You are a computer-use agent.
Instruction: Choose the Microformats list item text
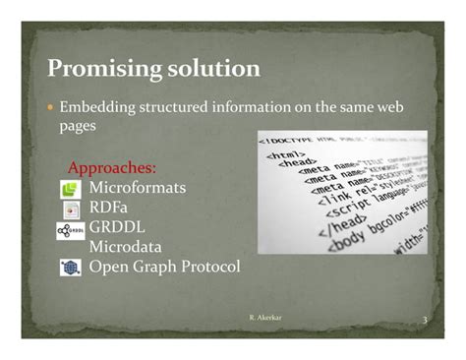[137, 188]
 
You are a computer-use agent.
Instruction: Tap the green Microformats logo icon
[70, 189]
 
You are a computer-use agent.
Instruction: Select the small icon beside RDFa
[70, 210]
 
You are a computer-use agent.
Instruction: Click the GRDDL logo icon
[70, 230]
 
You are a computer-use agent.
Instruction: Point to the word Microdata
[126, 247]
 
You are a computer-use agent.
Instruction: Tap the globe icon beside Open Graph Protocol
[70, 267]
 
